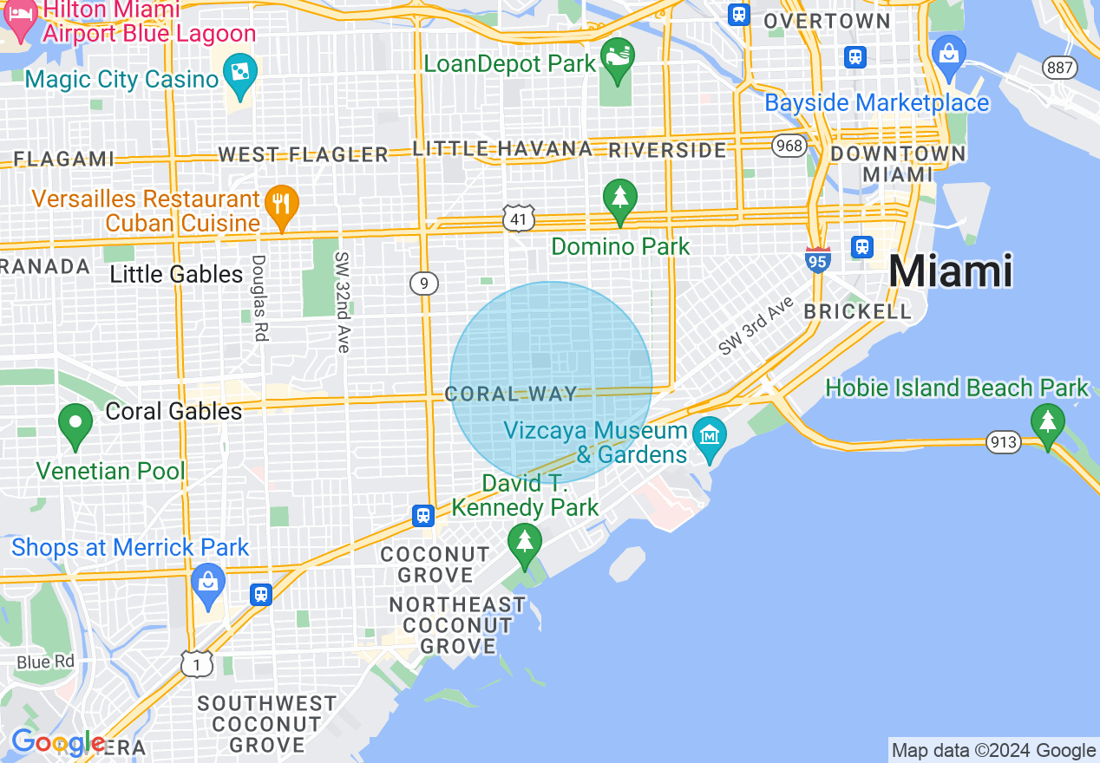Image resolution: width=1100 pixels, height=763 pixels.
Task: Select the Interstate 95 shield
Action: tap(817, 259)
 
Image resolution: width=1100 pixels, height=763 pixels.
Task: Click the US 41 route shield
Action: tap(518, 219)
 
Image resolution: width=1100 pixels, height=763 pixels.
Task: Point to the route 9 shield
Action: tap(424, 283)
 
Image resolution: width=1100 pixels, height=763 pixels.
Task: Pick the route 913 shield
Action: tap(1002, 442)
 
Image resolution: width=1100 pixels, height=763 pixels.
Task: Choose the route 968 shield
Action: tap(789, 145)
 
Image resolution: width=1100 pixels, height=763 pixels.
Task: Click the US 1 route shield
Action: tap(197, 663)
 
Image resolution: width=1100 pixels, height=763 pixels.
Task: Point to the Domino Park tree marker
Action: tap(619, 197)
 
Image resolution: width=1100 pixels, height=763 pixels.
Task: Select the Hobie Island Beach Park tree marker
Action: tap(1048, 422)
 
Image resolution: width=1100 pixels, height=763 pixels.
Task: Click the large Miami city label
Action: tap(950, 271)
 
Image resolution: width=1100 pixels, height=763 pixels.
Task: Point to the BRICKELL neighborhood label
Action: tap(857, 311)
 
